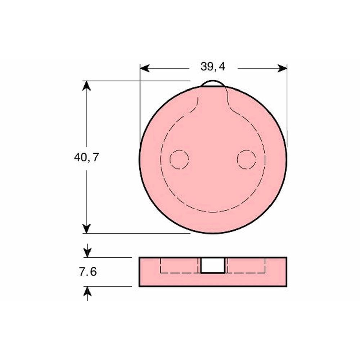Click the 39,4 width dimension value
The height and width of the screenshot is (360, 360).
pyautogui.click(x=213, y=67)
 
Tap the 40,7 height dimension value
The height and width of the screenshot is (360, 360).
pyautogui.click(x=86, y=158)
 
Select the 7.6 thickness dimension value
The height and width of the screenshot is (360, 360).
pyautogui.click(x=88, y=272)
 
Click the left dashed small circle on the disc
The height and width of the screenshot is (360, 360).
pyautogui.click(x=179, y=159)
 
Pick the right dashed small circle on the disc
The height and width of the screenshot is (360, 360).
pyautogui.click(x=246, y=159)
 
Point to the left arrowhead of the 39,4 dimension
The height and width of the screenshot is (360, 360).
pyautogui.click(x=145, y=68)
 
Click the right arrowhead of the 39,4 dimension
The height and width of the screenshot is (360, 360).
pyautogui.click(x=282, y=68)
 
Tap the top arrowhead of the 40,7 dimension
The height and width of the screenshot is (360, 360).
pyautogui.click(x=86, y=85)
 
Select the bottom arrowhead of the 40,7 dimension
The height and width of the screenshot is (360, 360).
pyautogui.click(x=86, y=229)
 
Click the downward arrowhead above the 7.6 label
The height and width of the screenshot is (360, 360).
pyautogui.click(x=87, y=253)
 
